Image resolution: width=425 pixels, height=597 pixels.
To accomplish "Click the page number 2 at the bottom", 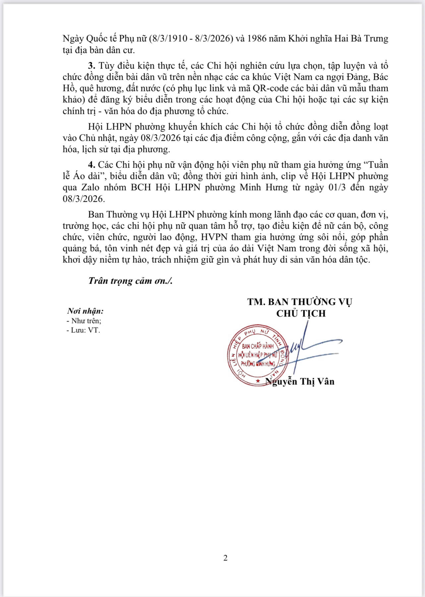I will click(x=225, y=558).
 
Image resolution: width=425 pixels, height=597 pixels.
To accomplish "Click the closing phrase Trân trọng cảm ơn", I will click(x=130, y=281).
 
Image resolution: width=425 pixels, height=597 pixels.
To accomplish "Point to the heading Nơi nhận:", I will click(x=85, y=311).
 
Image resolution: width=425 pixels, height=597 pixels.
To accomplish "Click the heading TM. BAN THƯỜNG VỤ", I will click(x=300, y=302).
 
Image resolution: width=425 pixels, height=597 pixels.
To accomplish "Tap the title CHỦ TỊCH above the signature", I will click(x=301, y=313).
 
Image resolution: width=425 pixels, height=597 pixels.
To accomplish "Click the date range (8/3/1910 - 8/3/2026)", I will click(x=190, y=38).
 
